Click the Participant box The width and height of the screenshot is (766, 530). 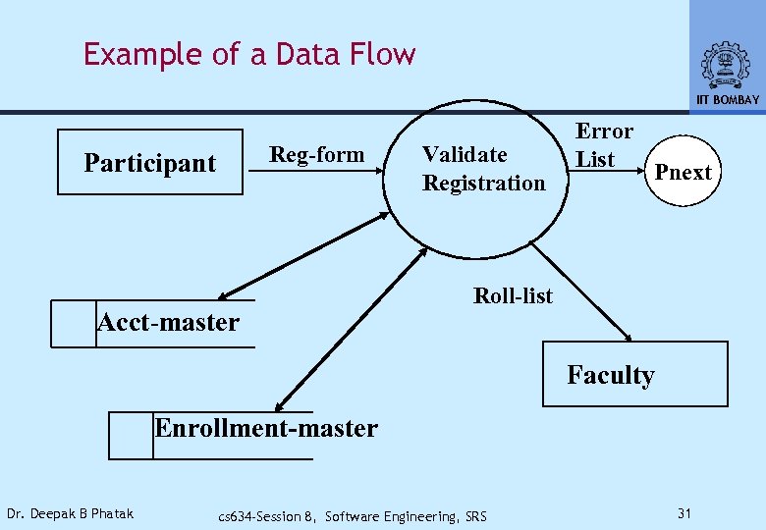pyautogui.click(x=149, y=163)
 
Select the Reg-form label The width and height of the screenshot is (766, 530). pyautogui.click(x=316, y=154)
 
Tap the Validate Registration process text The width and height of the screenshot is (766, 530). pyautogui.click(x=483, y=169)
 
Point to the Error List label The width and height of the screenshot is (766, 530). pyautogui.click(x=603, y=145)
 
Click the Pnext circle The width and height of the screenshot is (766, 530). pyautogui.click(x=683, y=173)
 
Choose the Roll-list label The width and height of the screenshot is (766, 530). pyautogui.click(x=513, y=295)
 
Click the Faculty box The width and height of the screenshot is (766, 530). pyautogui.click(x=634, y=374)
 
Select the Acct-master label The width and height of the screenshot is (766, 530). pyautogui.click(x=168, y=322)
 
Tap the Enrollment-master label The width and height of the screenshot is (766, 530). pyautogui.click(x=265, y=428)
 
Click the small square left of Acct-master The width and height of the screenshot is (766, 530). pyautogui.click(x=74, y=324)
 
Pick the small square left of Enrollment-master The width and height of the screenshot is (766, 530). pyautogui.click(x=131, y=436)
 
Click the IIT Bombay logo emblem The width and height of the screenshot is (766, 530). pyautogui.click(x=727, y=65)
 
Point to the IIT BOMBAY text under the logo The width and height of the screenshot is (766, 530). pyautogui.click(x=727, y=100)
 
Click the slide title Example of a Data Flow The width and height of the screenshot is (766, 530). pyautogui.click(x=249, y=54)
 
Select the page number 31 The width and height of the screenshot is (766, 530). pyautogui.click(x=686, y=513)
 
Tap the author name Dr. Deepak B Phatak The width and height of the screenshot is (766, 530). pyautogui.click(x=70, y=513)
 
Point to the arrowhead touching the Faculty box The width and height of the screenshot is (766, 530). pyautogui.click(x=628, y=337)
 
